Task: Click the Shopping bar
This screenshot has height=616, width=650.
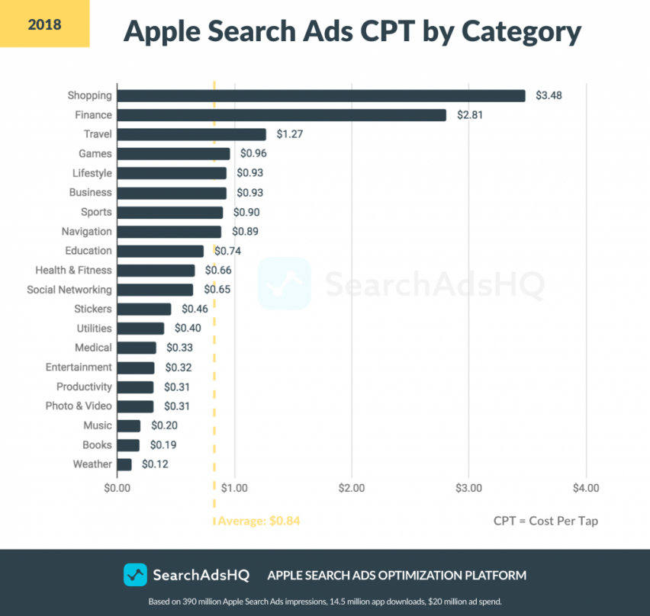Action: (x=321, y=95)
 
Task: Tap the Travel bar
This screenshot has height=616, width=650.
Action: (x=191, y=134)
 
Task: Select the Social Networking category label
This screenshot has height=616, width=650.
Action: (x=69, y=290)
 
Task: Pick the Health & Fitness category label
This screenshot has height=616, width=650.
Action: (x=73, y=270)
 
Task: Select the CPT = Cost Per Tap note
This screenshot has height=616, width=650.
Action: (x=545, y=521)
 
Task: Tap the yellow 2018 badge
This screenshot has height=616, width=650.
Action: (x=44, y=24)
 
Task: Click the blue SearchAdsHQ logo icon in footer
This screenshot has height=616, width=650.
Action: (x=135, y=575)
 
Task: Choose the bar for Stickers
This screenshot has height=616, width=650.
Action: (x=144, y=309)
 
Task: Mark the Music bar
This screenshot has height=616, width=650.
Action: (x=129, y=425)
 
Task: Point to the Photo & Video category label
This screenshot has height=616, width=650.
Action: (x=78, y=406)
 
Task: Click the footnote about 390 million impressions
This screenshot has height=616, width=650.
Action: (x=324, y=602)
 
